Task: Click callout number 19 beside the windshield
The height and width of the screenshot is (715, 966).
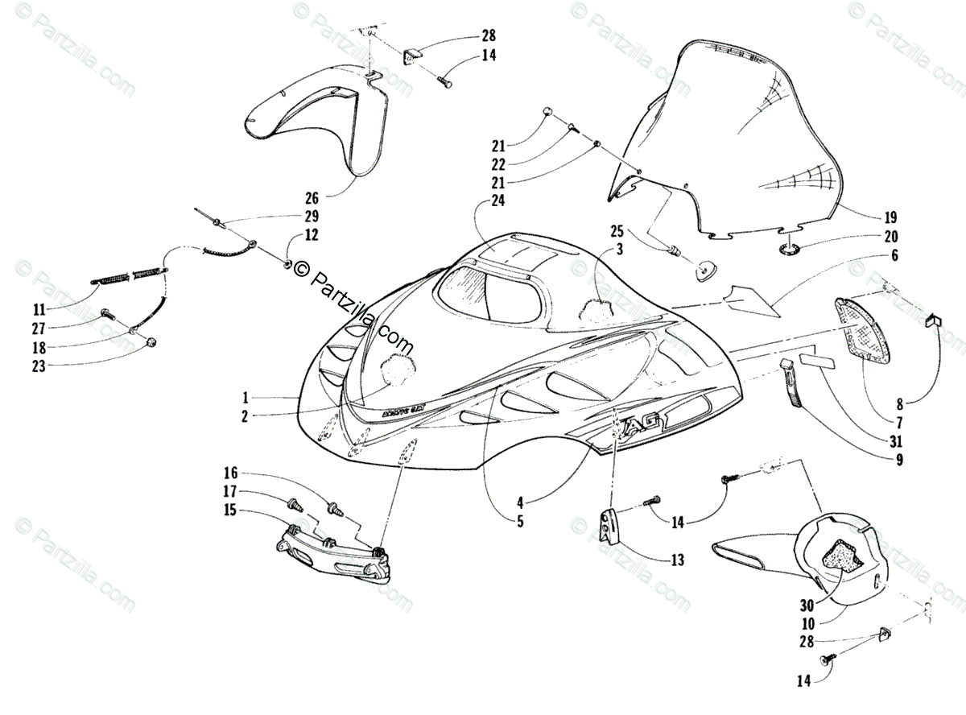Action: pos(890,217)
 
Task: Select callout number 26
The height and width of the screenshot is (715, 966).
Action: pos(312,197)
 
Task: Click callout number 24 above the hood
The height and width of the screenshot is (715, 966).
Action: pos(497,202)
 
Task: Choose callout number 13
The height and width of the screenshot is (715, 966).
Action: pos(677,560)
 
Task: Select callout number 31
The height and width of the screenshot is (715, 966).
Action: pos(896,440)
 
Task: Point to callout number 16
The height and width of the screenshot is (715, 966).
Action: pos(231,473)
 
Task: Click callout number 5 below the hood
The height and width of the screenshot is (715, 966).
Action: pos(520,521)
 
